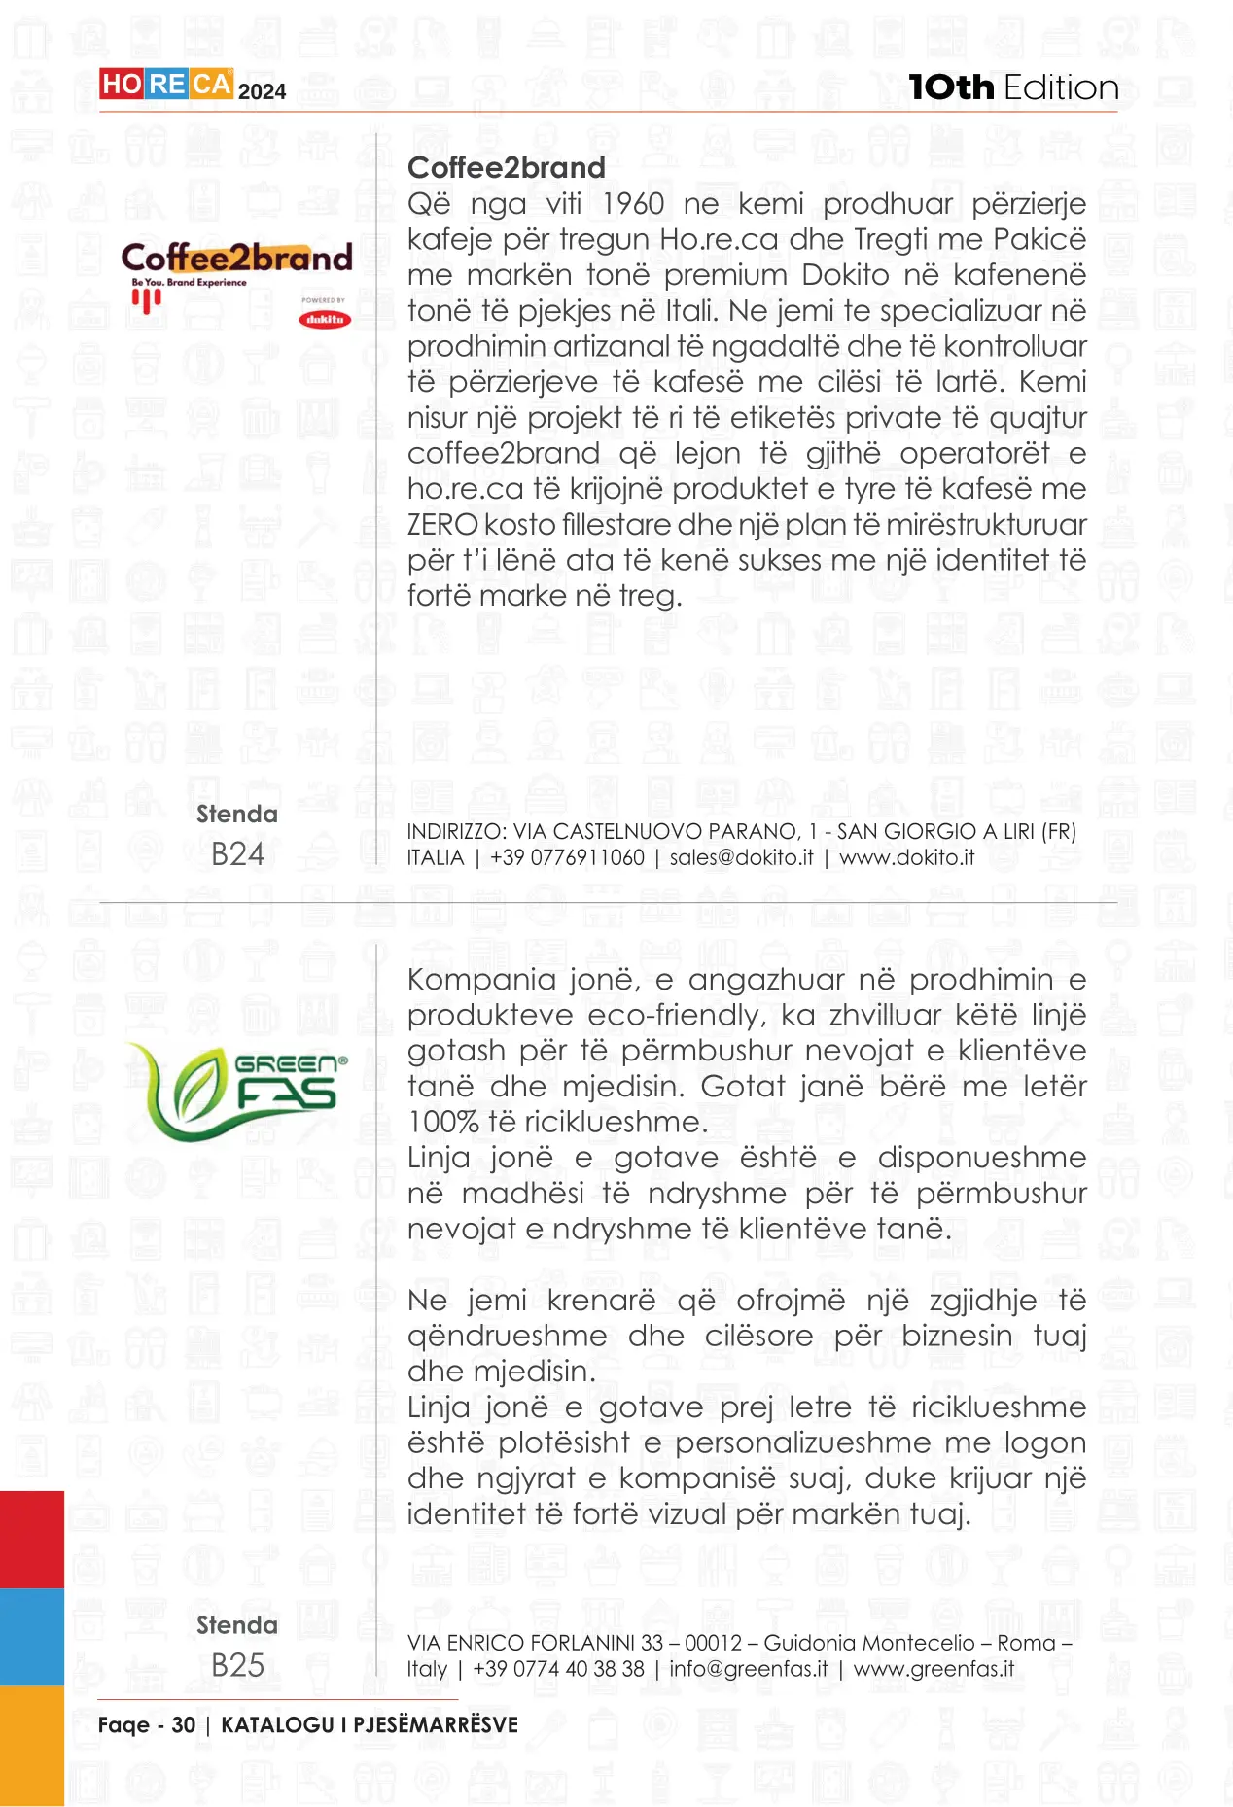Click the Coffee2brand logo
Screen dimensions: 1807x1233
(x=236, y=261)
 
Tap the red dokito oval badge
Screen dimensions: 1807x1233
(x=325, y=319)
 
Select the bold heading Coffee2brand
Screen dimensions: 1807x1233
(x=506, y=167)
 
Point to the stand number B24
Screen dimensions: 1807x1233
(x=237, y=854)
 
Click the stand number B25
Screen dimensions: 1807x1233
(x=237, y=1665)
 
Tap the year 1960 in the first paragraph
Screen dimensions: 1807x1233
(x=633, y=204)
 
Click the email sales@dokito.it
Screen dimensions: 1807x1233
(x=741, y=857)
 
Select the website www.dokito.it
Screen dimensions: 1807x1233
(x=906, y=857)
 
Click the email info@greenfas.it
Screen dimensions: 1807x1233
(x=749, y=1669)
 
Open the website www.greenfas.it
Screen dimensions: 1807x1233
(x=934, y=1669)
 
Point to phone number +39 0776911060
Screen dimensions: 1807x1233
(x=567, y=857)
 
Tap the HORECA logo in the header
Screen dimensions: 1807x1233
(x=166, y=86)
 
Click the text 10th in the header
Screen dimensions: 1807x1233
(x=951, y=87)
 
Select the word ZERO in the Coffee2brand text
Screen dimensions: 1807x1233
(x=442, y=525)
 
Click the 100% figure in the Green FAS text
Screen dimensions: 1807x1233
(x=442, y=1122)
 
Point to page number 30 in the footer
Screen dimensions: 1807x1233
(x=184, y=1725)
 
